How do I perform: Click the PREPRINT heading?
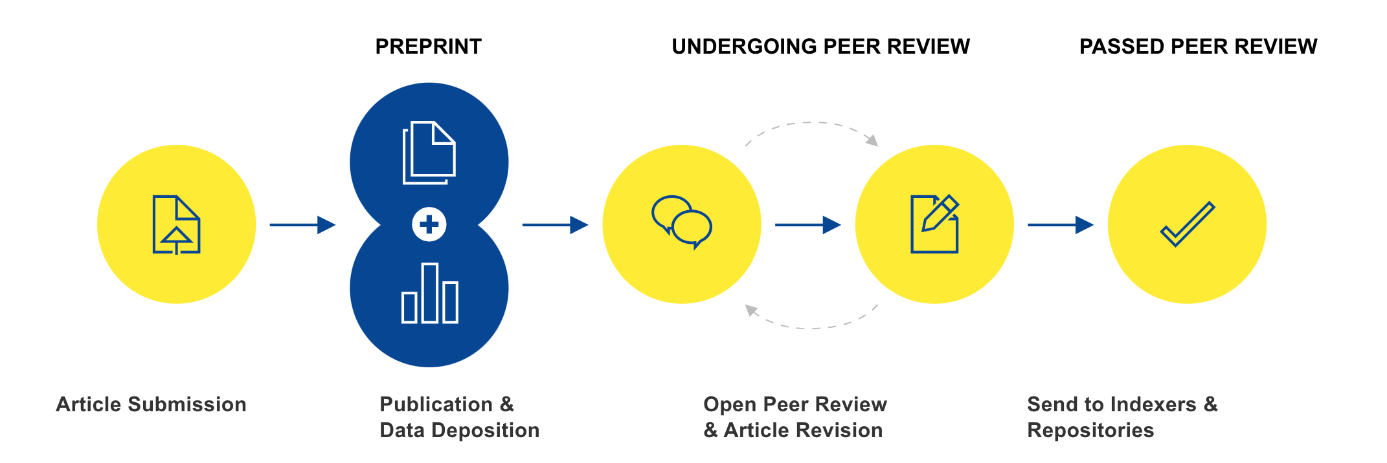(x=428, y=47)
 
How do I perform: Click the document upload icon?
(x=176, y=224)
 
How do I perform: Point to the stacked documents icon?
(x=429, y=153)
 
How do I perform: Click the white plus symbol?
(x=429, y=224)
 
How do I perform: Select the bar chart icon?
(x=429, y=294)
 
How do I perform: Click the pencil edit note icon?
(x=934, y=223)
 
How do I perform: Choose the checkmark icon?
(x=1187, y=224)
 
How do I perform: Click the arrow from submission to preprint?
(x=302, y=225)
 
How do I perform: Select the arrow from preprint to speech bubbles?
(x=555, y=225)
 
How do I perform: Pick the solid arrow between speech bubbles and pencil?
(x=807, y=225)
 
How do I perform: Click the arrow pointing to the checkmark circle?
(x=1060, y=225)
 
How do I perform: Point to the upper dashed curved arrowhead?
(x=872, y=140)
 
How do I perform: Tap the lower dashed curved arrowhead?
(x=751, y=310)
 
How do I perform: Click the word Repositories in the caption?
(x=1090, y=431)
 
